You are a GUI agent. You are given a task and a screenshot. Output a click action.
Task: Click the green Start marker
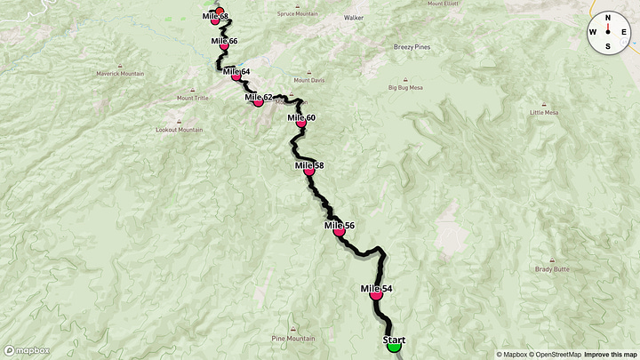click(x=394, y=345)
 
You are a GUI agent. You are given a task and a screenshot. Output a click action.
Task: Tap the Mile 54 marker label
click(x=376, y=289)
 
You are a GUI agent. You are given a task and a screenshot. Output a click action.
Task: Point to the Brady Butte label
click(x=551, y=268)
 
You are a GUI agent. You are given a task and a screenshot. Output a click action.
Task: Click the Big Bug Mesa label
click(x=407, y=88)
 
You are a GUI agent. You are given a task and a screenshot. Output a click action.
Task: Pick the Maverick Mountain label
click(x=119, y=74)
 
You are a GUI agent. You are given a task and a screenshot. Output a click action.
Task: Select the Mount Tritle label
click(x=192, y=98)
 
